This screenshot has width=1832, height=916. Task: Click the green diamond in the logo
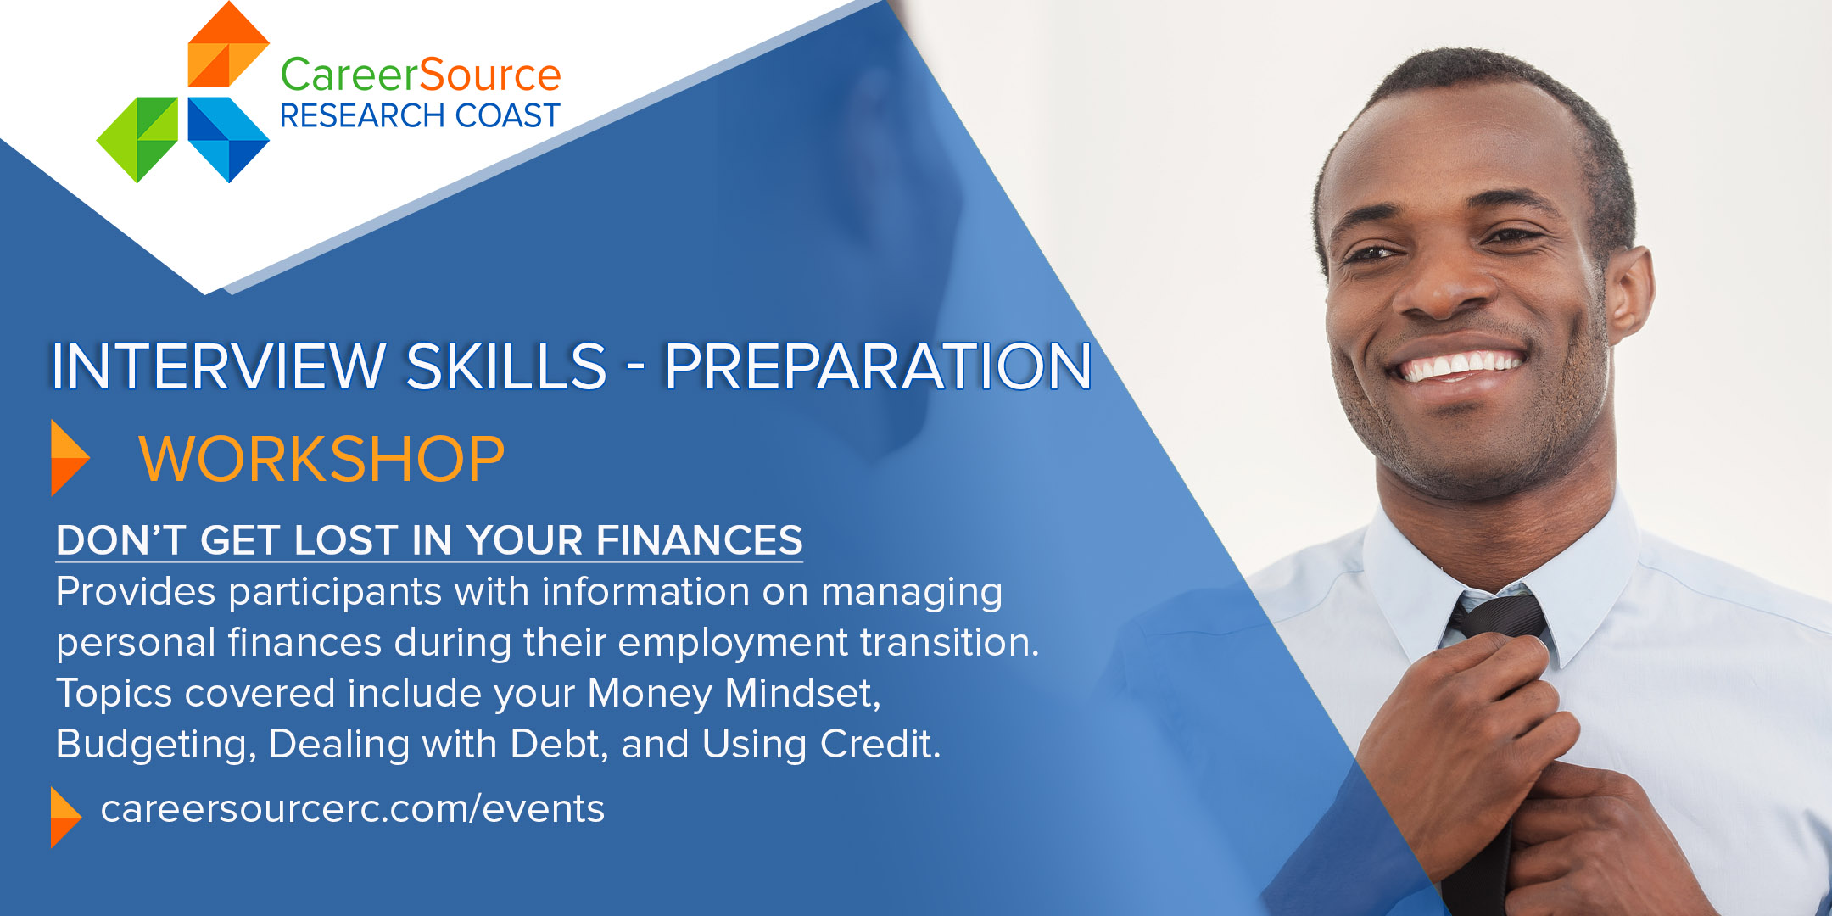coord(137,139)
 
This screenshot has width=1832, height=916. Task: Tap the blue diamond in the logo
coord(228,139)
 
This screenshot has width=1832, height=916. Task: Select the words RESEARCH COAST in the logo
coord(420,115)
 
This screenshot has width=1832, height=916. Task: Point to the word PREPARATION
coord(878,366)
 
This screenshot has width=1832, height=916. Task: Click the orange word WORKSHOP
coord(321,459)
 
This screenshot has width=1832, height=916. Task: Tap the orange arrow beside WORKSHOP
coord(70,458)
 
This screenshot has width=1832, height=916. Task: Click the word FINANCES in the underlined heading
coord(699,540)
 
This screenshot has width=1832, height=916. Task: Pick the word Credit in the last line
coord(880,744)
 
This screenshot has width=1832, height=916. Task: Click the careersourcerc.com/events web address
coord(353,808)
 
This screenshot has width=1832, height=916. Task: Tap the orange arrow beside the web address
coord(66,818)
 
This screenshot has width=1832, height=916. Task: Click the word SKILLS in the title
coord(506,366)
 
